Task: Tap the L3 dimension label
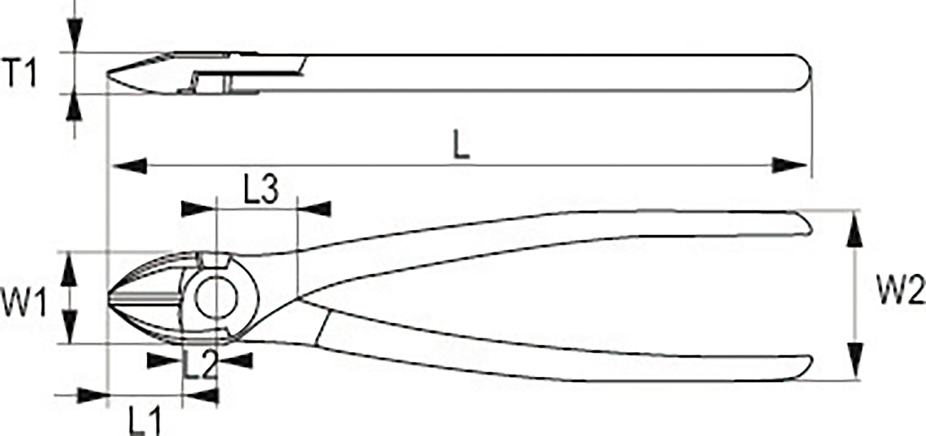click(x=261, y=190)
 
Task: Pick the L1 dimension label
click(x=144, y=420)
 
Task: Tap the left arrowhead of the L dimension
click(x=130, y=166)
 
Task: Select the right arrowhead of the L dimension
click(x=789, y=165)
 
